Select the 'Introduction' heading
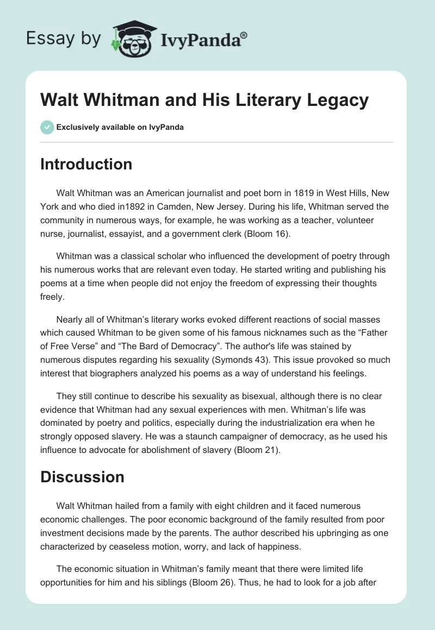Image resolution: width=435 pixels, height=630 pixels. click(x=86, y=164)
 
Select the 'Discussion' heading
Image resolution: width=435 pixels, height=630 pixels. click(x=82, y=477)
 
